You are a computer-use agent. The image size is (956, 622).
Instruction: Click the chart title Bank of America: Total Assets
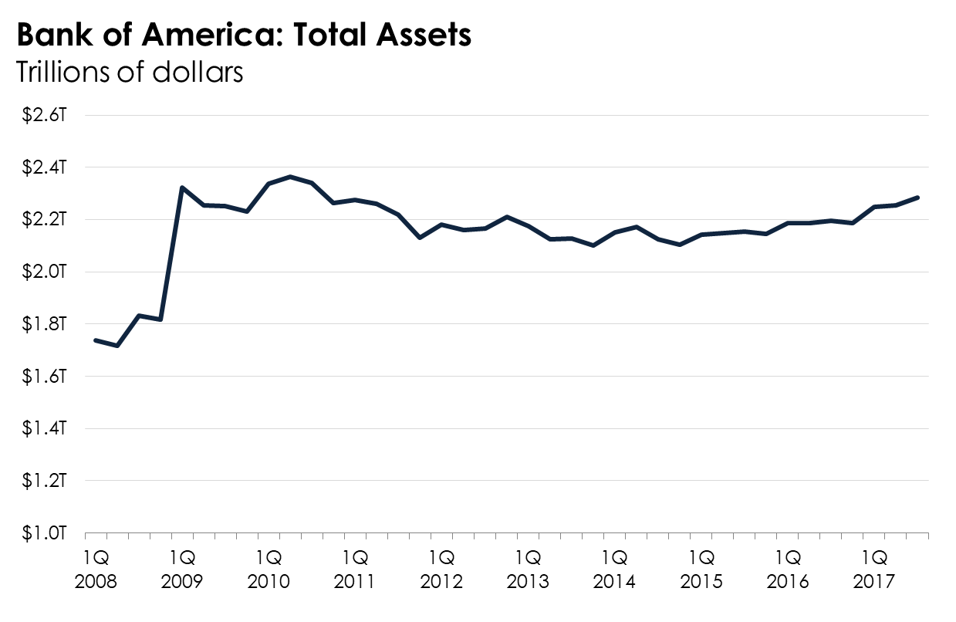243,35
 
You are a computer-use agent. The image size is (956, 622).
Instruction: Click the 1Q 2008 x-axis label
96,568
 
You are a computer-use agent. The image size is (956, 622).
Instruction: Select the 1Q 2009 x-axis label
182,568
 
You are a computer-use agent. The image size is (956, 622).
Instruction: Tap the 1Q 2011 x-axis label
355,568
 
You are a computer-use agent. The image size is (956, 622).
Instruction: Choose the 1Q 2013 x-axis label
528,568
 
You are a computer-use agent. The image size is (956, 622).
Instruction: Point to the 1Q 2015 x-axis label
701,568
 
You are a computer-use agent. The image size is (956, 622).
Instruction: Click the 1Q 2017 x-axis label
873,568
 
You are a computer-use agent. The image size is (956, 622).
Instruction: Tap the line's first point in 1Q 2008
96,340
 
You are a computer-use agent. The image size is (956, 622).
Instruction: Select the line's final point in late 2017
917,198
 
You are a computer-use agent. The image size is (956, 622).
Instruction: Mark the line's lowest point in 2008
117,346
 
